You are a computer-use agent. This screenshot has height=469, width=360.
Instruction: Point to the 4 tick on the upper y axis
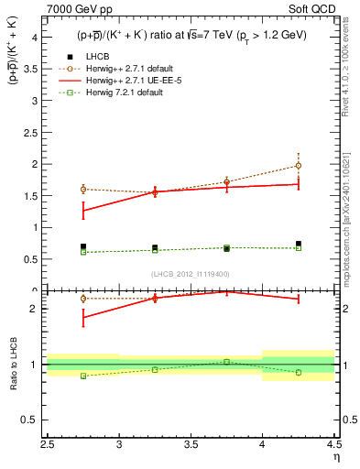click(x=33, y=38)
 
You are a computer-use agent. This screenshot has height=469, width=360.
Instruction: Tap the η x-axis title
click(x=336, y=457)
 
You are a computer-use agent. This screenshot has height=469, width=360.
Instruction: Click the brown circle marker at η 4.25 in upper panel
click(x=299, y=166)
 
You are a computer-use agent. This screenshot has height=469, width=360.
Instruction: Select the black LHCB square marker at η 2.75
click(x=83, y=246)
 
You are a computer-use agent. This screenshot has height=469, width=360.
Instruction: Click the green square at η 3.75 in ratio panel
click(x=227, y=362)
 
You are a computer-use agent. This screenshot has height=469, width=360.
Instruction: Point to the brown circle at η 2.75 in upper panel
click(x=83, y=189)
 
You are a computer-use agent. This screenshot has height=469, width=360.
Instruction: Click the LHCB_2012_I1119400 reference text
click(x=191, y=275)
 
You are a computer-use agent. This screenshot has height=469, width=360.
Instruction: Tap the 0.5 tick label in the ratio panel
click(x=30, y=420)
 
